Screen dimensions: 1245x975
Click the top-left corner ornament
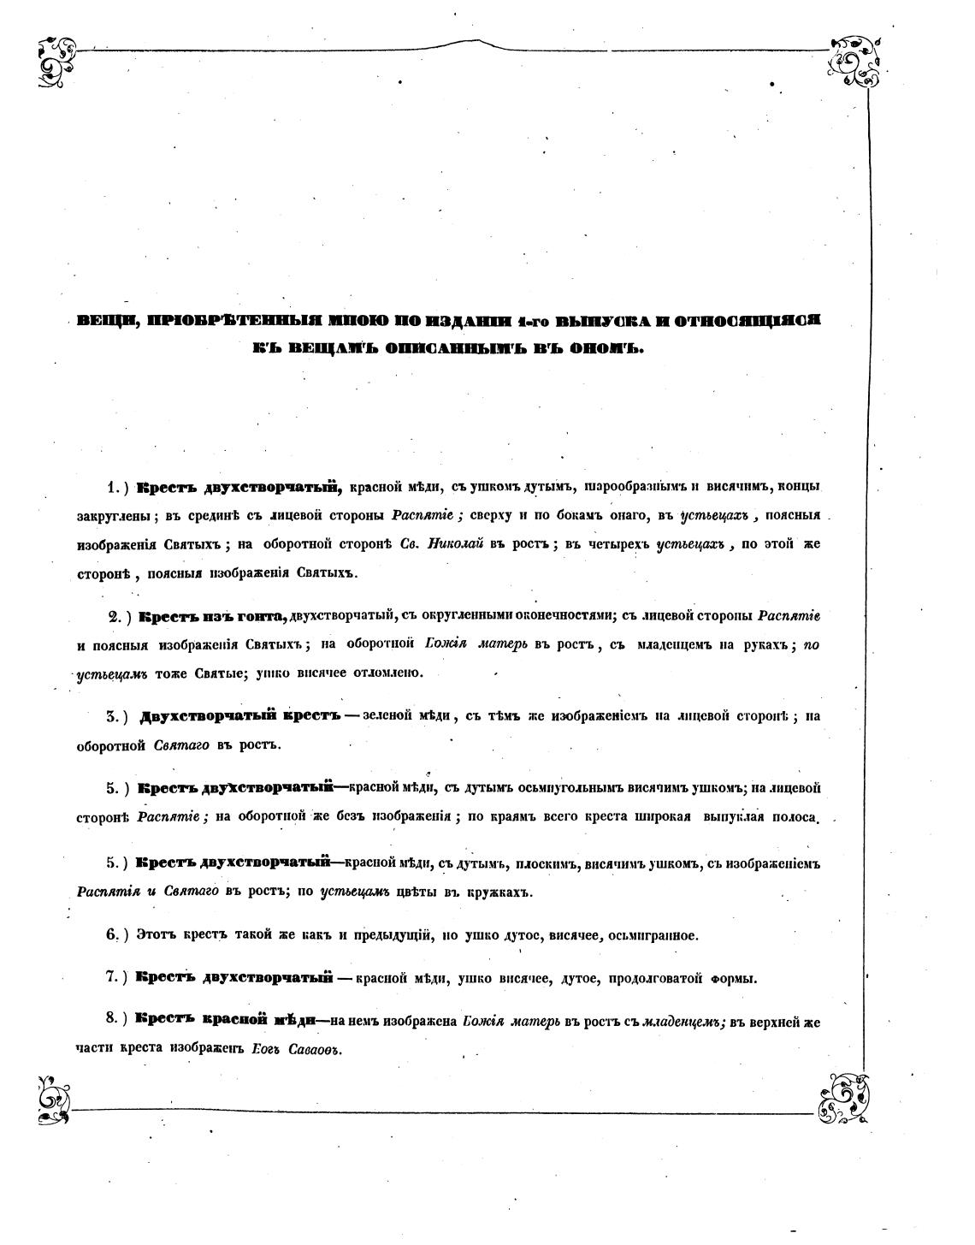click(56, 62)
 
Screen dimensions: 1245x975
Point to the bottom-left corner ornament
click(54, 1099)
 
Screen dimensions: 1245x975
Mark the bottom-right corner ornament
click(845, 1099)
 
